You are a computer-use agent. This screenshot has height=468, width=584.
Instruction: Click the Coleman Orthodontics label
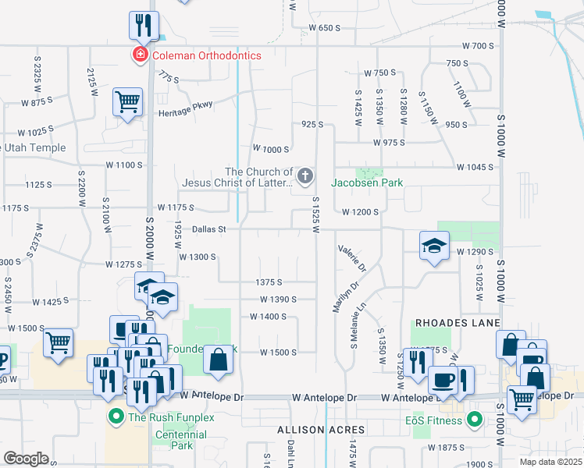pos(206,55)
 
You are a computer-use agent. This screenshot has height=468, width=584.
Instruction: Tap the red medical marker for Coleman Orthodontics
pos(140,55)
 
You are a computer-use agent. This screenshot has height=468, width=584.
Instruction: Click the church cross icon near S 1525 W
pos(305,177)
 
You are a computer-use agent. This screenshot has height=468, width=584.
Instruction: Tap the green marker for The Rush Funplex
pos(116,417)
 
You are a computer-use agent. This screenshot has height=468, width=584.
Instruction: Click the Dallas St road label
pos(208,229)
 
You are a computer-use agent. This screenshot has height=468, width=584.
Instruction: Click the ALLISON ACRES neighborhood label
pos(321,430)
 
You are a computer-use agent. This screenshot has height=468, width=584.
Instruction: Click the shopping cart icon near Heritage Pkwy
pos(127,101)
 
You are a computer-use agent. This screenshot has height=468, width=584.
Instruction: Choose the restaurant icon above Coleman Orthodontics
pos(144,25)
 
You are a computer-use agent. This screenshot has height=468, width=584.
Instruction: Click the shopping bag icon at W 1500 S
pos(219,360)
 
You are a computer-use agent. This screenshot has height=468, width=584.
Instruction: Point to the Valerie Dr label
pos(352,258)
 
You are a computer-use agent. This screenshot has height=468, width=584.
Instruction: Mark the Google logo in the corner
pos(26,459)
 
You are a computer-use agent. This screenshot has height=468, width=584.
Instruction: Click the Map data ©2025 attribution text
pos(550,462)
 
